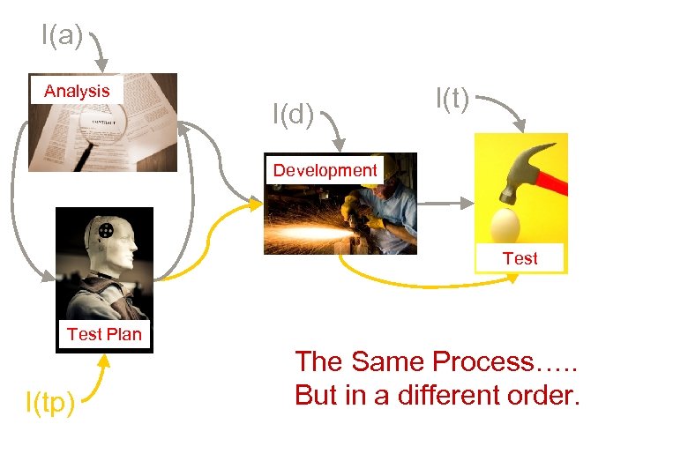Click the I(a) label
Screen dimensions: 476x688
[62, 35]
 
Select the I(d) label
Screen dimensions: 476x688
[293, 114]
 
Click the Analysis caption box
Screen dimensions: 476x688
[77, 91]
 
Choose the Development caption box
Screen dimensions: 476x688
[325, 170]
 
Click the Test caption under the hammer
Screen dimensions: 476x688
[520, 258]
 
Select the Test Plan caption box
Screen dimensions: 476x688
[104, 334]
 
